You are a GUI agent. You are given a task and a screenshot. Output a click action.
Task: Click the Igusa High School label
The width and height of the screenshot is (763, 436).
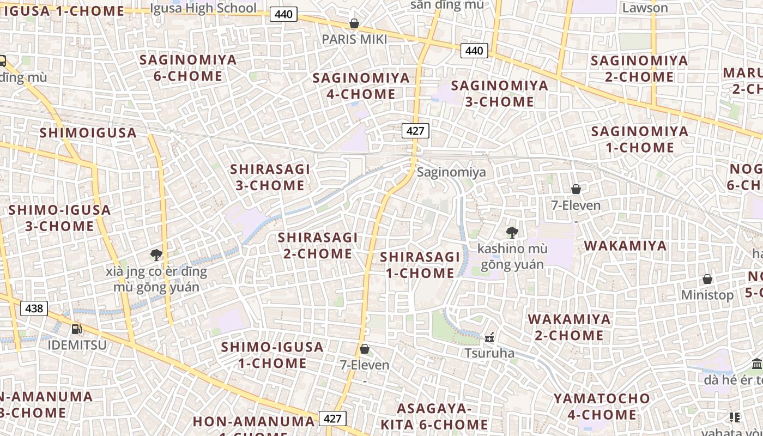(203, 8)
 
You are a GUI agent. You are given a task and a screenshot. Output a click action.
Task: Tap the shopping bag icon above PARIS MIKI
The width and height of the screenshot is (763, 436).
(354, 23)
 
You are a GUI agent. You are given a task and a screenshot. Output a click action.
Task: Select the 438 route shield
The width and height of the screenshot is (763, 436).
(34, 308)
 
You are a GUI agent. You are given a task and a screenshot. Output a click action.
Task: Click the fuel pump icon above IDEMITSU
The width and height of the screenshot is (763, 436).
(77, 329)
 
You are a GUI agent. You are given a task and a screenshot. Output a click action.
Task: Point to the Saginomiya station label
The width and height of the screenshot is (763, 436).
(451, 172)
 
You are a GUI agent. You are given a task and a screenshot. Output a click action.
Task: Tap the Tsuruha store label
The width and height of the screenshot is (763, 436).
(489, 353)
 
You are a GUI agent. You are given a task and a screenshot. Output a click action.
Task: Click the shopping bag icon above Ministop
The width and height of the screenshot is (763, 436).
(707, 279)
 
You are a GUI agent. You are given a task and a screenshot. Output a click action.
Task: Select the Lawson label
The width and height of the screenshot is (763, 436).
(645, 8)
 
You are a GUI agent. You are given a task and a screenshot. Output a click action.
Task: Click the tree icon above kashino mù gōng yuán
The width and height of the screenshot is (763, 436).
(512, 233)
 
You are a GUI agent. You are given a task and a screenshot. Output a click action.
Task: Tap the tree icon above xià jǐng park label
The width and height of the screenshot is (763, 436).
(156, 255)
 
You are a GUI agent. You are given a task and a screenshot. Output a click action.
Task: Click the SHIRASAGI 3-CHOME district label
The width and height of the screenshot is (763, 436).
(270, 177)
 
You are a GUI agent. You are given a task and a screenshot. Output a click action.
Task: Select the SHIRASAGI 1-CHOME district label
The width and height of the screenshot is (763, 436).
(420, 265)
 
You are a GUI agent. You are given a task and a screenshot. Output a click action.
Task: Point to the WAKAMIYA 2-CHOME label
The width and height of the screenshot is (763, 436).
(569, 327)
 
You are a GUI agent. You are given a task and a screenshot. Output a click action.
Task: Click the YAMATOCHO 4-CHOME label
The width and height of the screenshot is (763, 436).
(602, 407)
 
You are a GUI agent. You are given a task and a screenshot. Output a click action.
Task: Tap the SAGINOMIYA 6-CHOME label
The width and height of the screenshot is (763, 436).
(188, 68)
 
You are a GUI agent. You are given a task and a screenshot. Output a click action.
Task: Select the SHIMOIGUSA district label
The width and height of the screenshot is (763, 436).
(88, 132)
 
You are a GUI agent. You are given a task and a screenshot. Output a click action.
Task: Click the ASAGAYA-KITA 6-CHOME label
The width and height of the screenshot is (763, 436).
(434, 416)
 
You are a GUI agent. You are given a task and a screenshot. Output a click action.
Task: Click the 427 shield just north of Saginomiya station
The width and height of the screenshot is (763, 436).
(415, 131)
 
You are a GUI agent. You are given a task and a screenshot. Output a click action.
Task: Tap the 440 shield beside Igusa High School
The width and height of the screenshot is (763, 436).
(283, 15)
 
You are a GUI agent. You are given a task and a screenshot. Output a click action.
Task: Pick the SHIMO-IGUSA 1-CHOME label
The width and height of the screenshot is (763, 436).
(272, 355)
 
